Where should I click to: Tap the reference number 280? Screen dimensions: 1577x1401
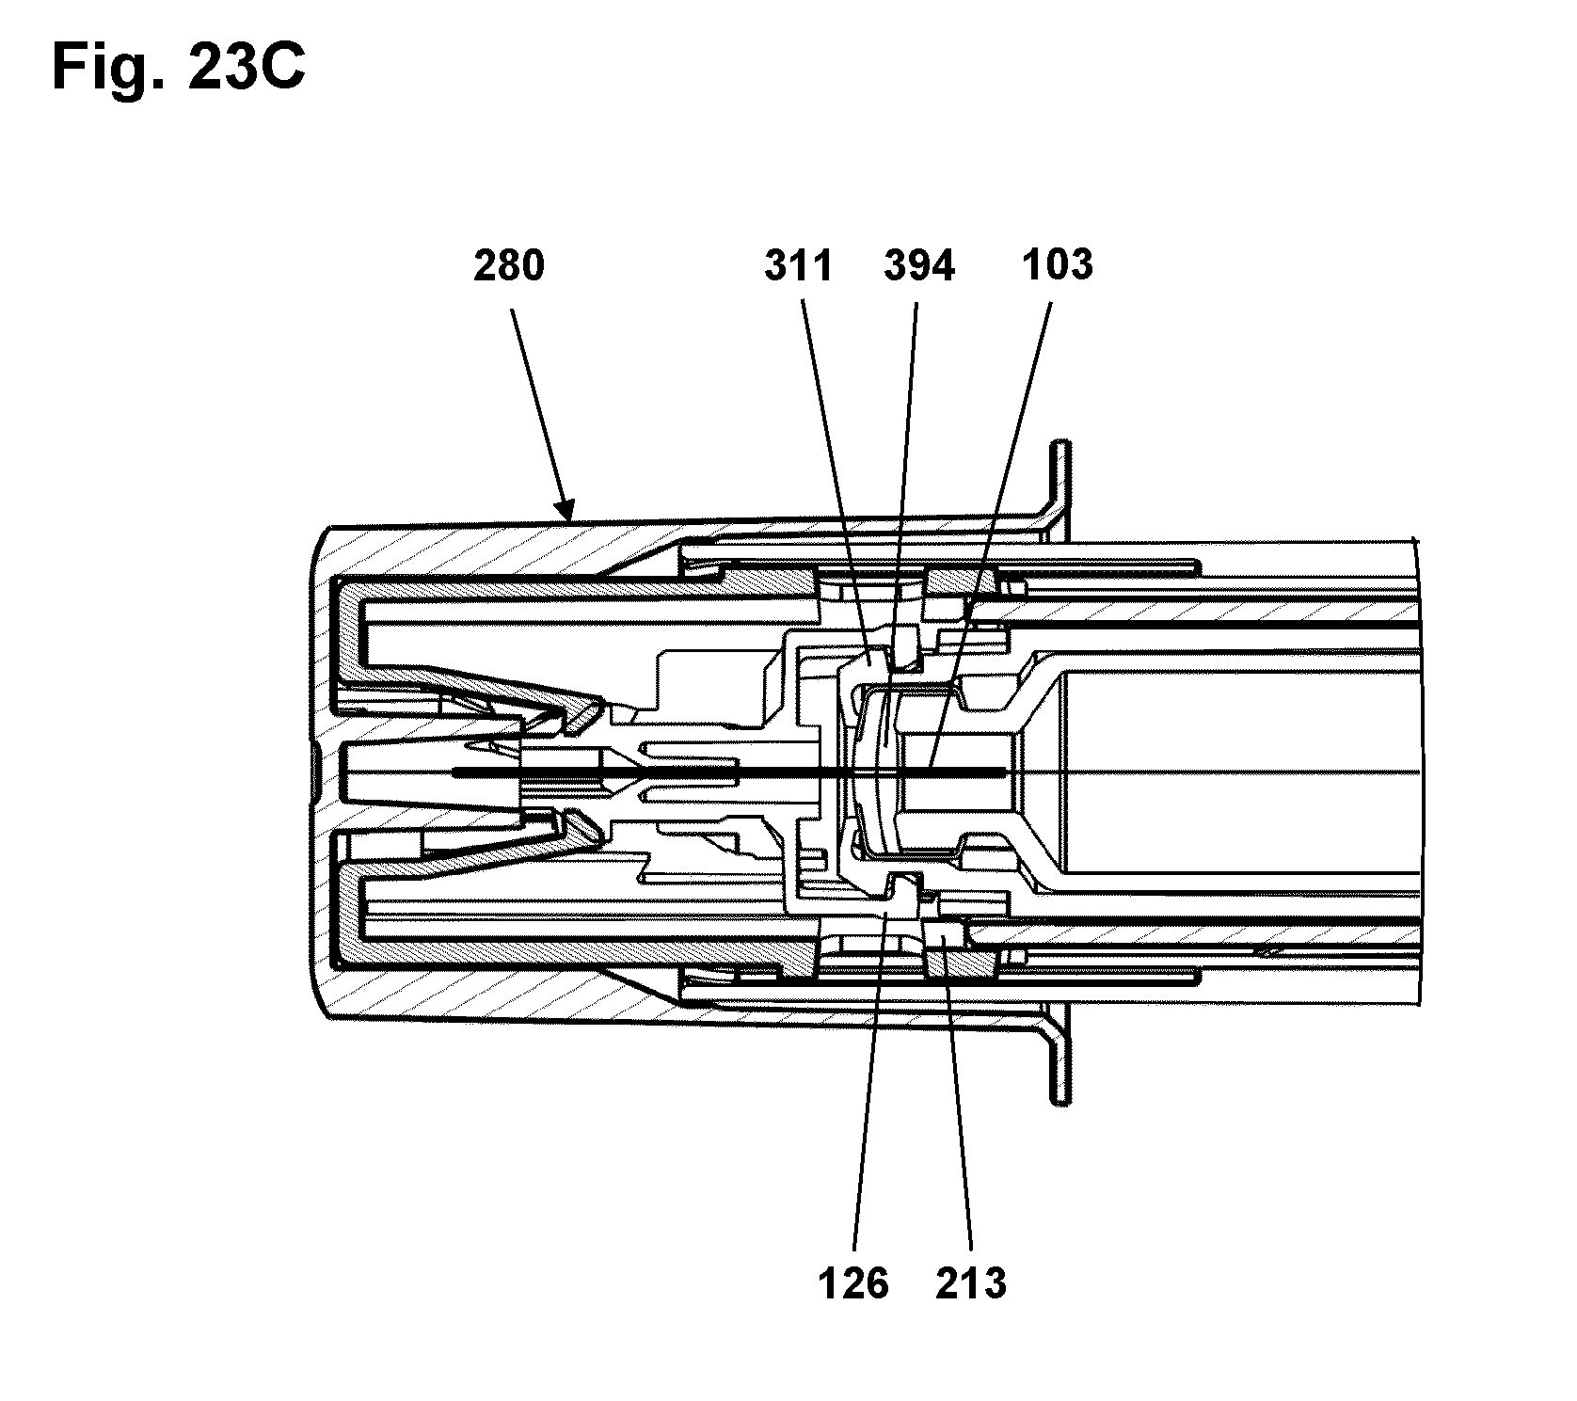click(508, 265)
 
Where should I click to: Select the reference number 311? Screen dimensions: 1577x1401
click(798, 265)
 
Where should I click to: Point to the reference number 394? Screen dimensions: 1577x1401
click(919, 265)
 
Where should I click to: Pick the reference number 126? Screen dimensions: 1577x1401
click(853, 1282)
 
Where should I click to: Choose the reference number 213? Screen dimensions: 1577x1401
click(971, 1282)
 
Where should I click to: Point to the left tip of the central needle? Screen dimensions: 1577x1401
click(454, 772)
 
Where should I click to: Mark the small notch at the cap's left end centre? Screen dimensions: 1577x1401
click(313, 771)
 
